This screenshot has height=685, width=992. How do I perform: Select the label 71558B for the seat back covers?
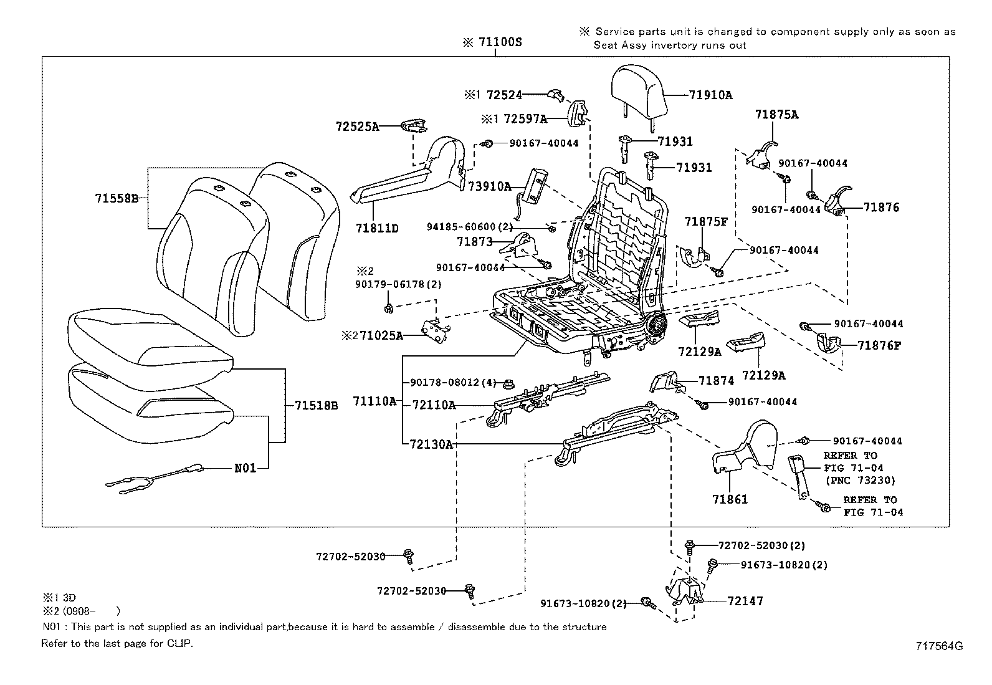pos(116,198)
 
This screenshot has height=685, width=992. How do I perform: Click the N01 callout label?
pos(245,467)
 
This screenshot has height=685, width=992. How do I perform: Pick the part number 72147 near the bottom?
pos(745,601)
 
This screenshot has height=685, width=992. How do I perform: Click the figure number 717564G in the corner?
pos(938,646)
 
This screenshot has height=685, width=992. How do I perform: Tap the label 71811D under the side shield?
pos(377,228)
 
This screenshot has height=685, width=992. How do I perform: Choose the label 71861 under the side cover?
pos(730,499)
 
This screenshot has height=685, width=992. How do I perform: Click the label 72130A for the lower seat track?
pos(431,444)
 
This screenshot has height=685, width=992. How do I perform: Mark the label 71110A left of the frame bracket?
pos(374,401)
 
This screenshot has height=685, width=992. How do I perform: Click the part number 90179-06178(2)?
pos(399,284)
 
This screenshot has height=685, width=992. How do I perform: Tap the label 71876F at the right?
pos(879,345)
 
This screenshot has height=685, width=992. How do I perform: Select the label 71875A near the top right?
pos(776,115)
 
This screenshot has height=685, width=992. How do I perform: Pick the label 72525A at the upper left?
pos(356,127)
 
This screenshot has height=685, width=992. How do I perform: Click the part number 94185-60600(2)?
pos(470,226)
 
